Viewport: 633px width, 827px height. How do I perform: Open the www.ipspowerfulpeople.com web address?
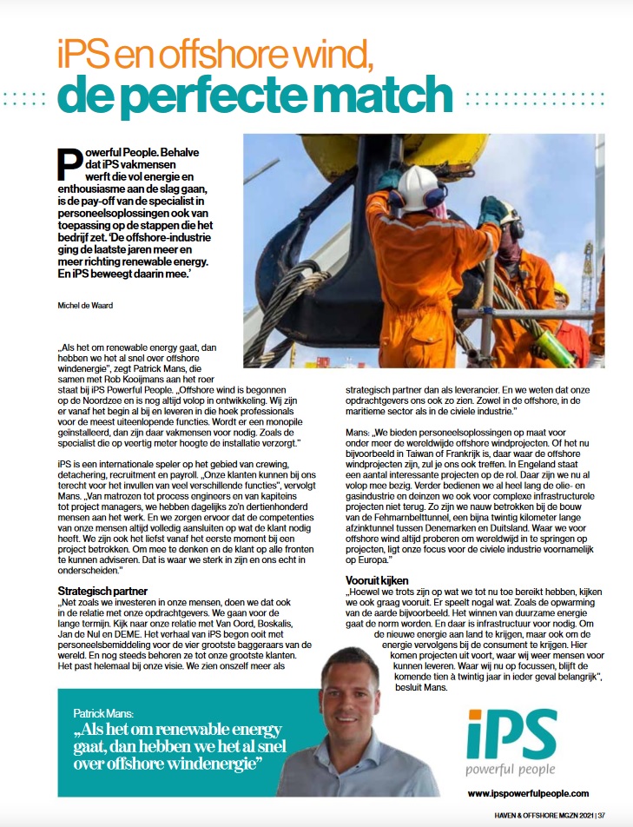(x=528, y=792)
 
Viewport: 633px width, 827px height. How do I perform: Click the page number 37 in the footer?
(x=613, y=814)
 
